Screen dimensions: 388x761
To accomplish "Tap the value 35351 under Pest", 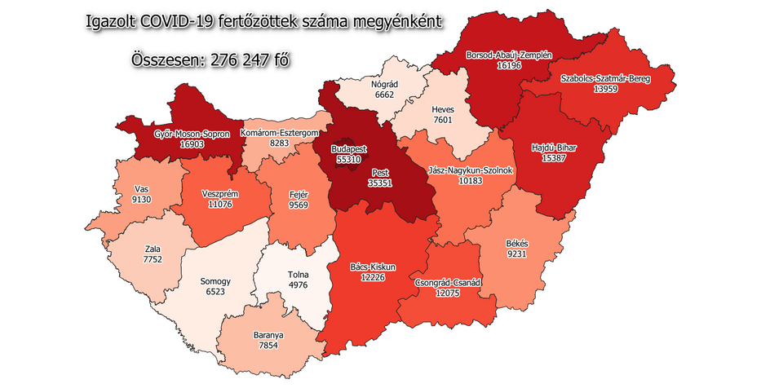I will (379, 184).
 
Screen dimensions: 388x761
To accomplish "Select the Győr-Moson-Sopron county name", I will (192, 133).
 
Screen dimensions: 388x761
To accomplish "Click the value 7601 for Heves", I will (444, 121).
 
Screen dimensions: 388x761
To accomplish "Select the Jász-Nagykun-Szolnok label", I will (470, 170).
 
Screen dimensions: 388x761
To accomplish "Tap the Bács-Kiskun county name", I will (372, 267).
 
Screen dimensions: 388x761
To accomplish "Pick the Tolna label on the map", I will (299, 275).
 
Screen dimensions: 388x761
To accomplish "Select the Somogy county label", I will (215, 281).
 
